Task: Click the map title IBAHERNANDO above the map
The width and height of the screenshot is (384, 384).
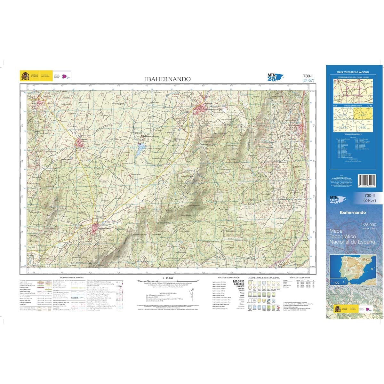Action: click(x=168, y=79)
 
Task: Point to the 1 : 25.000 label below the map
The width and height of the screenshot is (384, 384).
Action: click(x=168, y=278)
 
